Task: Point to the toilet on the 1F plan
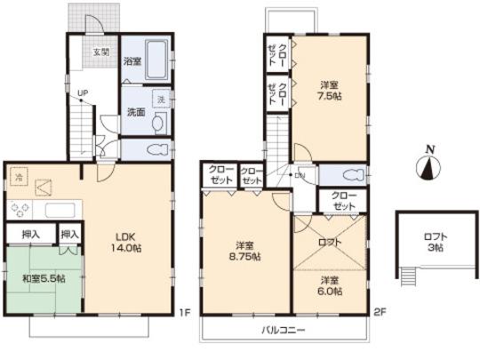[157, 149]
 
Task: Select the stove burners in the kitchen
[20, 211]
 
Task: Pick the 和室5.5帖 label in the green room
[43, 277]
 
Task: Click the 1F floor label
[183, 312]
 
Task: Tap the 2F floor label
[378, 312]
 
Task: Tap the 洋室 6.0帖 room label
[329, 286]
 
